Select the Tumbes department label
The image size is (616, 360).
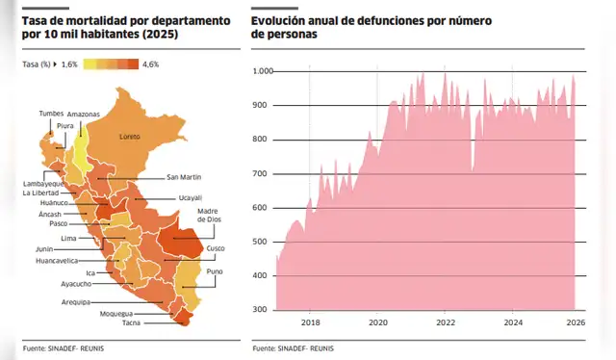tap(50, 114)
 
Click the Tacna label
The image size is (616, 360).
tap(117, 336)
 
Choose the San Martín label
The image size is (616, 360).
tap(185, 177)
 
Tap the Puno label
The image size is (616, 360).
tap(214, 272)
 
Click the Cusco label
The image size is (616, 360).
tap(216, 247)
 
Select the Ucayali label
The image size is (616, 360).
tap(190, 197)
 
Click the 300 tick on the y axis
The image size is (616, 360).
tap(265, 309)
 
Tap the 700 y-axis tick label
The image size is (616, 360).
tap(265, 173)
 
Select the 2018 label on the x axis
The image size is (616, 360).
tap(311, 322)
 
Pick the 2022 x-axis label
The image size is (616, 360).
tap(446, 322)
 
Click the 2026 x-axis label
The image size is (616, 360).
tap(575, 322)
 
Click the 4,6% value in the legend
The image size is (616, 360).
tap(150, 64)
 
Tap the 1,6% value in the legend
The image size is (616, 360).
tap(69, 64)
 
